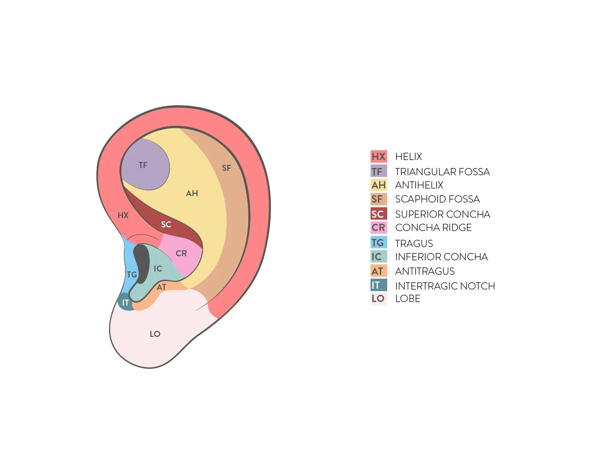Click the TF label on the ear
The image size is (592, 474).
(x=143, y=165)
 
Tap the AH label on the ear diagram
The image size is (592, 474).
(x=192, y=193)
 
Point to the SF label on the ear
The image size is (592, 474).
(x=226, y=168)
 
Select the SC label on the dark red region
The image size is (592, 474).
(x=166, y=225)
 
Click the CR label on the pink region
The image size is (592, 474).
(x=181, y=253)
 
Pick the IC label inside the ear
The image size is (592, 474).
(x=158, y=269)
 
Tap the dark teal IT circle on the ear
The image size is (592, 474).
(x=125, y=302)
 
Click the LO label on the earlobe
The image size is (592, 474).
(x=155, y=334)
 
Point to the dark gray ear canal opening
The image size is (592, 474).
(x=141, y=262)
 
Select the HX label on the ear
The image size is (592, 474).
(x=123, y=215)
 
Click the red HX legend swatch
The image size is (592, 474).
(x=378, y=156)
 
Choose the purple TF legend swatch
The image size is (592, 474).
(x=378, y=172)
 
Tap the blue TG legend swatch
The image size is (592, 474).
(x=378, y=243)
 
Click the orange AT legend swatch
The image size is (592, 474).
(x=378, y=271)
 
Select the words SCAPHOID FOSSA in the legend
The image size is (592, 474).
(x=437, y=199)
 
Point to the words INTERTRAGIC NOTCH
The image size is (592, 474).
(x=445, y=286)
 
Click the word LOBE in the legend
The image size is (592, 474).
(x=408, y=299)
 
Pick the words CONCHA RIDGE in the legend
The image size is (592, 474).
(x=433, y=228)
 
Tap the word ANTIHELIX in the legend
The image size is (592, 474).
(x=419, y=185)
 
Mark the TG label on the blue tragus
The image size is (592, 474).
(x=131, y=275)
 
